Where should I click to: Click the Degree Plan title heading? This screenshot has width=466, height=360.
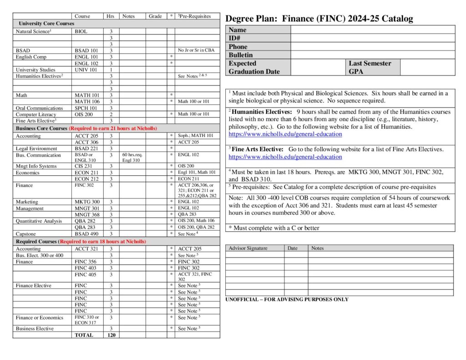[319, 19]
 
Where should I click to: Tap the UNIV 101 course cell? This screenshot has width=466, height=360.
[86, 70]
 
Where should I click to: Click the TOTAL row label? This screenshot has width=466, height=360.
[84, 335]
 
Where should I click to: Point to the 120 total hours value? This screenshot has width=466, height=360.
[111, 335]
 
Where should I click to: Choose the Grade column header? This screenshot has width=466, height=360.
[155, 16]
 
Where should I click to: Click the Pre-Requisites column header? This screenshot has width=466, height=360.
[195, 16]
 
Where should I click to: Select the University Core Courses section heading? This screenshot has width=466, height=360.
[46, 23]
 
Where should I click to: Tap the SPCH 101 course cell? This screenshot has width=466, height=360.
[86, 108]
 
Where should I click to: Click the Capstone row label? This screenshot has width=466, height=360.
[26, 233]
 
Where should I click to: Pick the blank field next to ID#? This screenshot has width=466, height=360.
[372, 38]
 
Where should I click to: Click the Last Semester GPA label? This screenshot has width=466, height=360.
[370, 67]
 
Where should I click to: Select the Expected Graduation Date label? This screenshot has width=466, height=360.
[254, 67]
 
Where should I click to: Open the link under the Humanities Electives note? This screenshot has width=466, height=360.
[285, 134]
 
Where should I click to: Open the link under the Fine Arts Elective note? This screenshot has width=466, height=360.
[285, 157]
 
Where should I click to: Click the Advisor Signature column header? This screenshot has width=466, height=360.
[248, 248]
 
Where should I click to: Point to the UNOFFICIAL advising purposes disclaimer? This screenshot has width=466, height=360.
[287, 299]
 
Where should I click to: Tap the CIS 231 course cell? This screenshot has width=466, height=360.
[83, 166]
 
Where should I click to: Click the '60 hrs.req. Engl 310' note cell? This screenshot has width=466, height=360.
[132, 157]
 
